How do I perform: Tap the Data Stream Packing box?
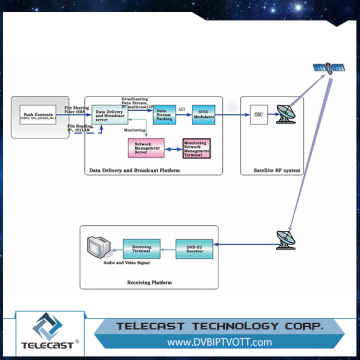164,112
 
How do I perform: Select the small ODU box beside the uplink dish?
258,114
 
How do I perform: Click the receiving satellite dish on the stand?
283,241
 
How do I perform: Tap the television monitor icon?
96,246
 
